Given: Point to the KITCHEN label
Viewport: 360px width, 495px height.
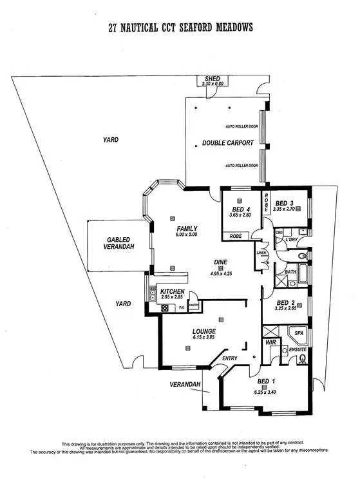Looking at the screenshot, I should [x=172, y=292].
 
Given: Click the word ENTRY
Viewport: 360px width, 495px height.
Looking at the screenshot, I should [x=229, y=358].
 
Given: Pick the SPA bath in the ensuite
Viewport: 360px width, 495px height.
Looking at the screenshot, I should [x=298, y=334].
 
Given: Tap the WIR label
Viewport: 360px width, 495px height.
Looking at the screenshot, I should [x=271, y=343].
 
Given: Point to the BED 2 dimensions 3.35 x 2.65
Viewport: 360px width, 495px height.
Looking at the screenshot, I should [x=286, y=309].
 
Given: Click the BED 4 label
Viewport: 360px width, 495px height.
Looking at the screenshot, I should [x=240, y=208].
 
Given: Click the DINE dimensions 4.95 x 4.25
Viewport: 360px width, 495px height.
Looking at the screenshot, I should [x=221, y=273].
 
